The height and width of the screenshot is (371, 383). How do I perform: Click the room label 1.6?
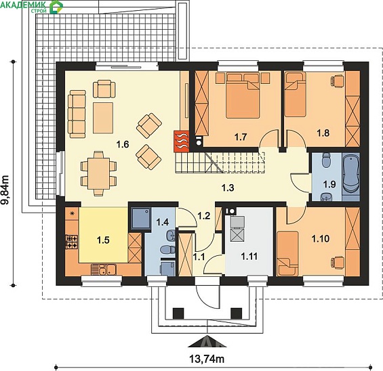(x=123, y=144)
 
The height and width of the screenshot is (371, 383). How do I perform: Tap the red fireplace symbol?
(x=182, y=141)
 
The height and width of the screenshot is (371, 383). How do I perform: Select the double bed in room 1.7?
(x=243, y=95)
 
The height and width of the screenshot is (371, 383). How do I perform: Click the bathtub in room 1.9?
(x=350, y=177)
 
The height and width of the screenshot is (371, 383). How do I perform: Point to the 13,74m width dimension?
(x=207, y=359)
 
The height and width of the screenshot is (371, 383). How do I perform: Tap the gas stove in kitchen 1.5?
(x=72, y=242)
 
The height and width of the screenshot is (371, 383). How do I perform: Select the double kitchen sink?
(x=104, y=269)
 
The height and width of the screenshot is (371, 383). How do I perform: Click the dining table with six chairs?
(x=99, y=173)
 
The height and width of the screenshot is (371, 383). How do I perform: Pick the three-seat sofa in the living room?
(x=77, y=114)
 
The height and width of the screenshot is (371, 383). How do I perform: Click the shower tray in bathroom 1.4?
(x=141, y=218)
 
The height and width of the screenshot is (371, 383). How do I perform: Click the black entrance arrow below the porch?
(x=207, y=341)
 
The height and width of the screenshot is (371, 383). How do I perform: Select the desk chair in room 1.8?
(x=338, y=81)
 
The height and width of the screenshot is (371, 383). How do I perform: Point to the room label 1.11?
(x=249, y=257)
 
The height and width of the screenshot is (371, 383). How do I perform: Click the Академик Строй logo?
(x=32, y=7)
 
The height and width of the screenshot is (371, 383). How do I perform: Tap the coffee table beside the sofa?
(x=103, y=118)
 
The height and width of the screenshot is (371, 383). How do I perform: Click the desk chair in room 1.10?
(x=338, y=263)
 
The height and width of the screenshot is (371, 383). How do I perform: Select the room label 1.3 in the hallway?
(x=228, y=188)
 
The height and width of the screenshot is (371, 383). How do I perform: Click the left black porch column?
(x=178, y=313)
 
